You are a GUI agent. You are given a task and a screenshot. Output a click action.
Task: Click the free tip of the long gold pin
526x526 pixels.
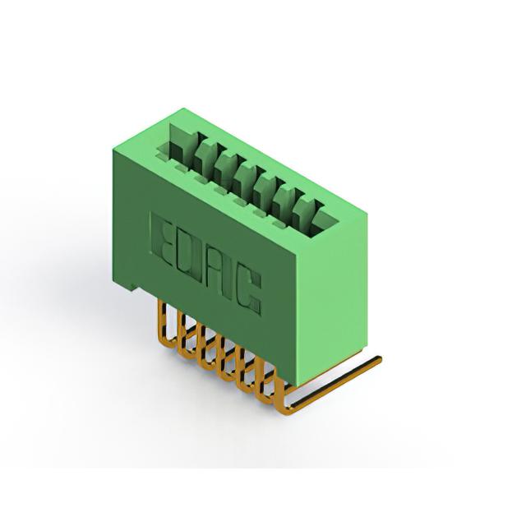pos(379,359)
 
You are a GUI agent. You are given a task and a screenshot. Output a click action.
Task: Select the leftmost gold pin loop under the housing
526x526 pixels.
pos(165,323)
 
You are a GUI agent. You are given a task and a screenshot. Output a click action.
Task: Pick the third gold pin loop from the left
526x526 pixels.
pos(205,347)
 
